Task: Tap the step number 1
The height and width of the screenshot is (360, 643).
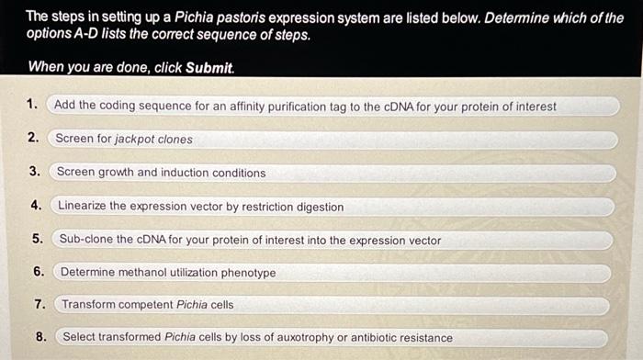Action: tap(33, 105)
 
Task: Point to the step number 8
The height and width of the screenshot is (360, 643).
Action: tap(41, 337)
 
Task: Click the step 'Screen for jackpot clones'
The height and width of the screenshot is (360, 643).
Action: tap(124, 140)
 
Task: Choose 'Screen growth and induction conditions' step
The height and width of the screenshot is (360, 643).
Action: tap(161, 173)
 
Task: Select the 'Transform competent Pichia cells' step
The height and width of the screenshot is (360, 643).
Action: tap(148, 304)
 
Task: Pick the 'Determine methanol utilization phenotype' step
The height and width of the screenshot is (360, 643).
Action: tap(168, 273)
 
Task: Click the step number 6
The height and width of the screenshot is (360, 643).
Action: tap(38, 272)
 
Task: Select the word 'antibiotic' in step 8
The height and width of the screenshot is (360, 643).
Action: tap(367, 338)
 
